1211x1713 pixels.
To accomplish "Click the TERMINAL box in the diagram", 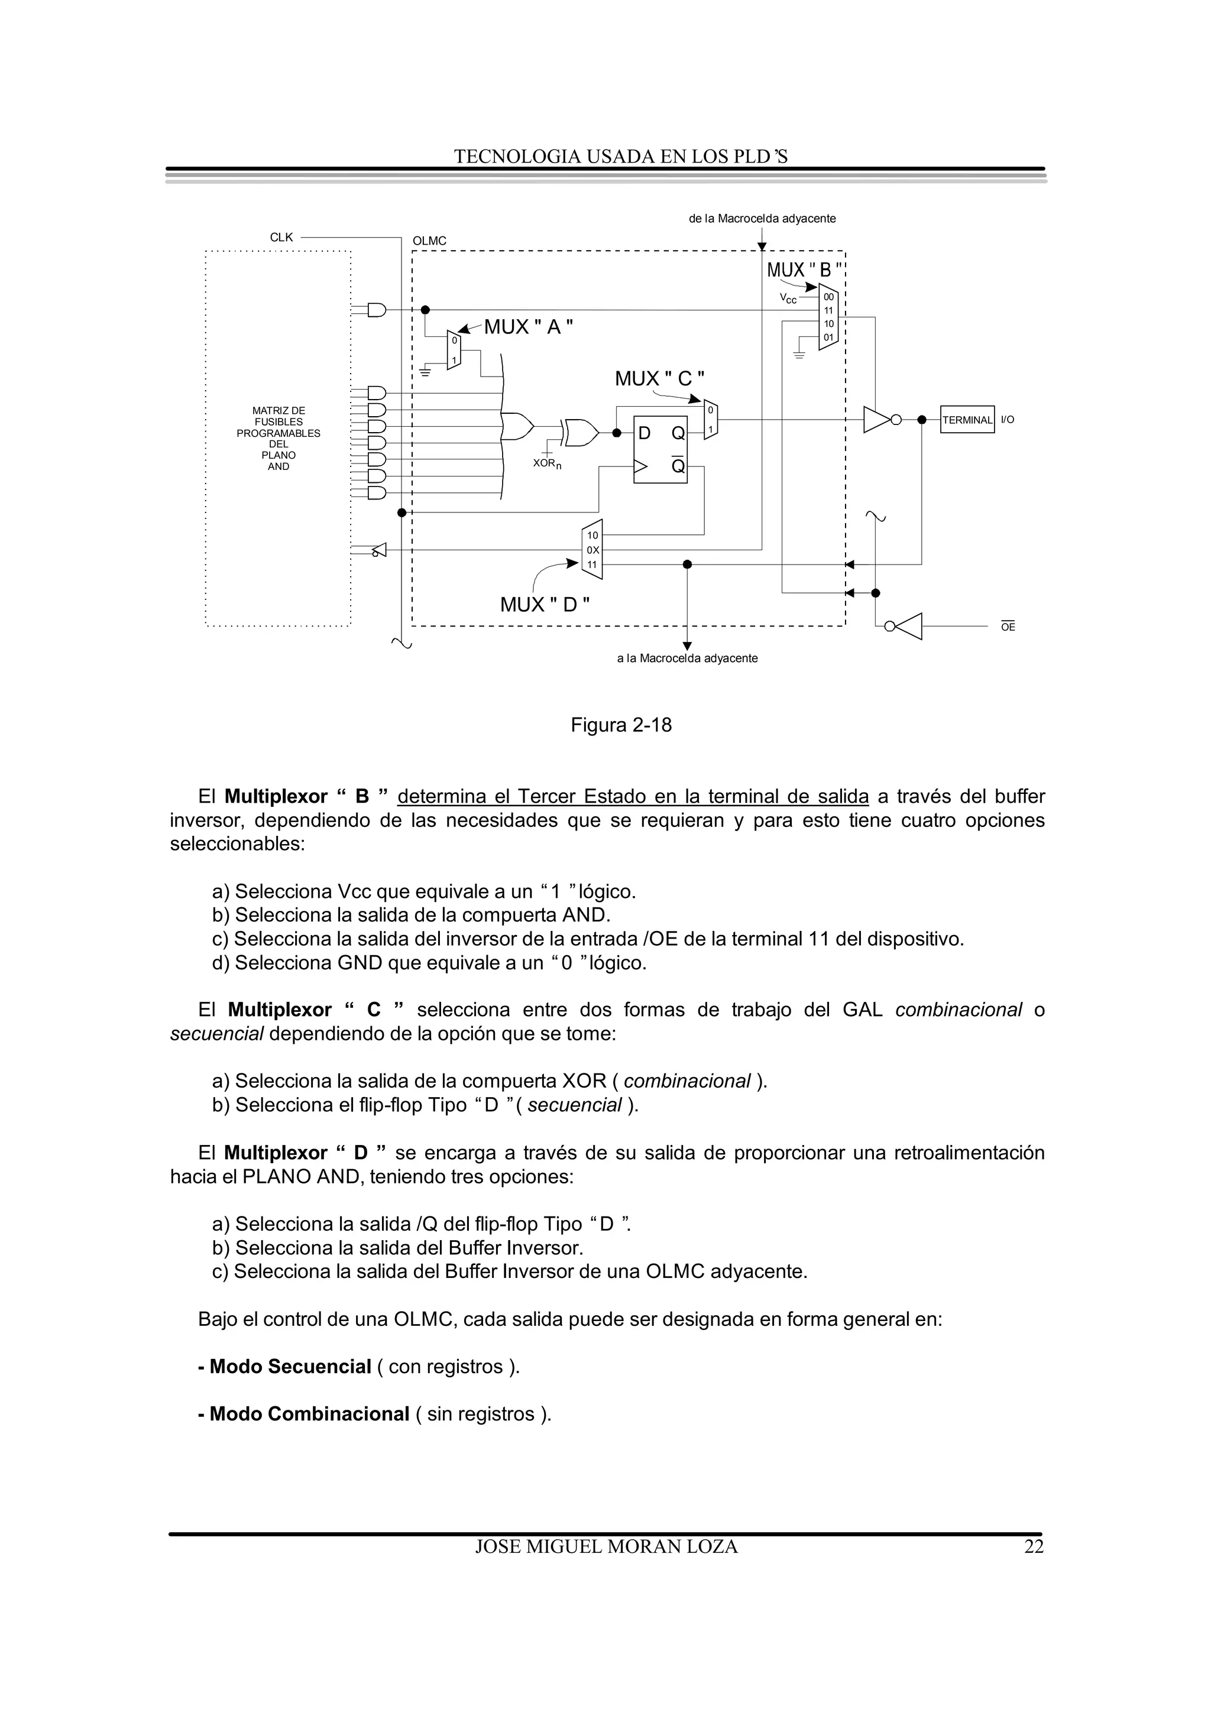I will (967, 420).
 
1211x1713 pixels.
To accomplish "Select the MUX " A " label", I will (528, 327).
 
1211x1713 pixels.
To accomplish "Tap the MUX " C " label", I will (659, 379).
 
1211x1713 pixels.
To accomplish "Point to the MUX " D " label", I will (545, 604).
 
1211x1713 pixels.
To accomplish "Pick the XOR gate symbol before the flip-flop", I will (581, 432).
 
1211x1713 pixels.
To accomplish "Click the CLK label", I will (281, 237).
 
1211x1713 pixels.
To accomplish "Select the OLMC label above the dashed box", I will (429, 241).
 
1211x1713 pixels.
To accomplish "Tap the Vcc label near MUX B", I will (788, 299).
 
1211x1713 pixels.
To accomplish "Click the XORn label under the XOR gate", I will (547, 463).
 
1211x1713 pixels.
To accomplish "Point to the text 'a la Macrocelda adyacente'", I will (687, 658).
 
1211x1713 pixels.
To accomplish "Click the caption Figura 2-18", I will (621, 725).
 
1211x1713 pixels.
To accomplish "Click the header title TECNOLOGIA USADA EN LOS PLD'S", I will (621, 157).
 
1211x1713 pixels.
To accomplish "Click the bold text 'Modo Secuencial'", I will (290, 1367).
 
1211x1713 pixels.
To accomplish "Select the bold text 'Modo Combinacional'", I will (309, 1414).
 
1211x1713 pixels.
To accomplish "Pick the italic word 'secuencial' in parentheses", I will (575, 1105).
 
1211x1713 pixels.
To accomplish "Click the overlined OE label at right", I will (1008, 628).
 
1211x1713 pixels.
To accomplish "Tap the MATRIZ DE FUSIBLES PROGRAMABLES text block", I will (279, 438).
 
